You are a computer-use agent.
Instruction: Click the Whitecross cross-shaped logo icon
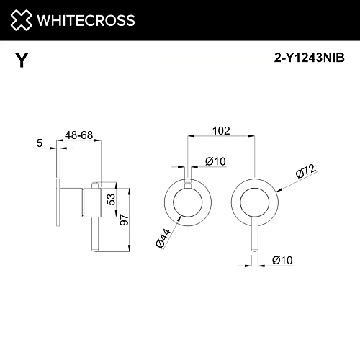(19, 20)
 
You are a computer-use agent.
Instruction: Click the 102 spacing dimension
(221, 131)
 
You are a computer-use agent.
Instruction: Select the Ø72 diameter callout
(304, 173)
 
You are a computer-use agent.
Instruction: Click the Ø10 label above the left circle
(215, 161)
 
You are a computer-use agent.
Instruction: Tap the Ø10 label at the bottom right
(283, 263)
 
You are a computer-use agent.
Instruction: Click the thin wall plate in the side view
(57, 204)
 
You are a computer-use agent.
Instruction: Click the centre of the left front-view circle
(187, 204)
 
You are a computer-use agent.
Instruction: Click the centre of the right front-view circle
(253, 204)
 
